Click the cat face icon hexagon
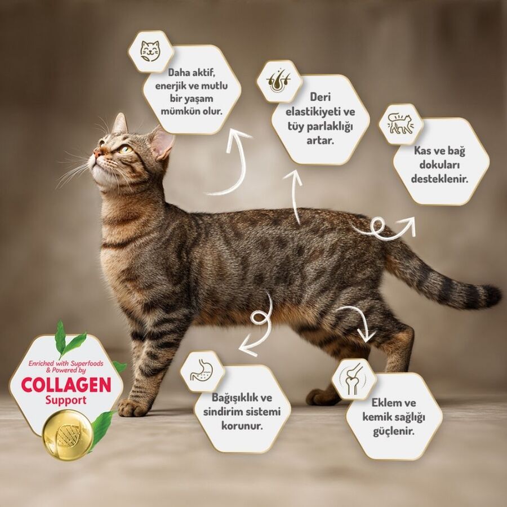tap(150, 51)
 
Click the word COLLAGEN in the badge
tap(66, 385)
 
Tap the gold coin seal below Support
tap(68, 434)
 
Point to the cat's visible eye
tap(124, 149)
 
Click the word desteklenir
tap(442, 180)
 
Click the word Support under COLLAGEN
tap(66, 401)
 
